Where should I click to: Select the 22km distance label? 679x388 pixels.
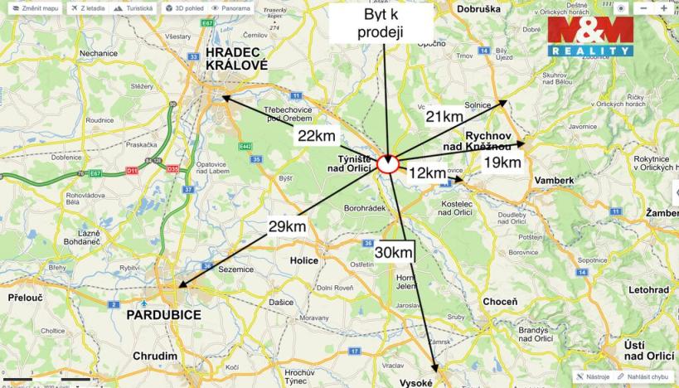coord(316,136)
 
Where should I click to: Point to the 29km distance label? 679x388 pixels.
coord(287,226)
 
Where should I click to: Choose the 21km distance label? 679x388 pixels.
coord(444,117)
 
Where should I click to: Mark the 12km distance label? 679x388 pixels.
coord(428,173)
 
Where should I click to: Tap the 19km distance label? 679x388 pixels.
coord(502,162)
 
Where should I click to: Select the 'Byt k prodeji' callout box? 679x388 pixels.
coord(381,23)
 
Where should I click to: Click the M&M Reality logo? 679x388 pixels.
coord(590,36)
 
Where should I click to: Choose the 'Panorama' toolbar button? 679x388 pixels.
coord(231,7)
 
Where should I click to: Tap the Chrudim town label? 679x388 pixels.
coord(154,356)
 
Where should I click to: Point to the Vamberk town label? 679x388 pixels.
coord(554,180)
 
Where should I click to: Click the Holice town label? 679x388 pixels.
coord(303,260)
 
